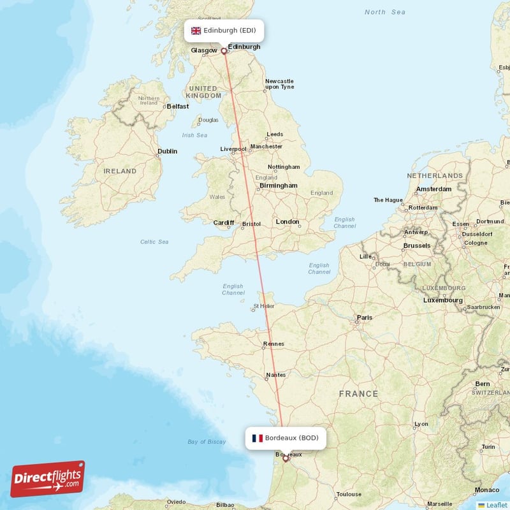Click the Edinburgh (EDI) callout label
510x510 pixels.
coord(223,31)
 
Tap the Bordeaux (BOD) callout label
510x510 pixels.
coord(286,438)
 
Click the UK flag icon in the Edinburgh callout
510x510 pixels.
coord(196,31)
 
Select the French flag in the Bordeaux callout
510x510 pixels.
coord(258,438)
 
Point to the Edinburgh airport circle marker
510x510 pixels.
coord(224,51)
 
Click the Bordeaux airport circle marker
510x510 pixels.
coord(286,458)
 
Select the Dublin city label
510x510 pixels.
coord(167,151)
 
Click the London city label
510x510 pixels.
coord(288,222)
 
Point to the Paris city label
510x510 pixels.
coord(365,317)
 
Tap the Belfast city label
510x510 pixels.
coord(177,106)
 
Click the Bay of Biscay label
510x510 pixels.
coord(207,442)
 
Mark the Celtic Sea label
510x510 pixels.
coord(154,242)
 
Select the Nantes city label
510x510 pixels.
coord(276,375)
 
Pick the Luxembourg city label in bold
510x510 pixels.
coord(442,300)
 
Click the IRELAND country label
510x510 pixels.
coord(120,171)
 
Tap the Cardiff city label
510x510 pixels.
coord(224,223)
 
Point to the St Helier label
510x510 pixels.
coord(263,306)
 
